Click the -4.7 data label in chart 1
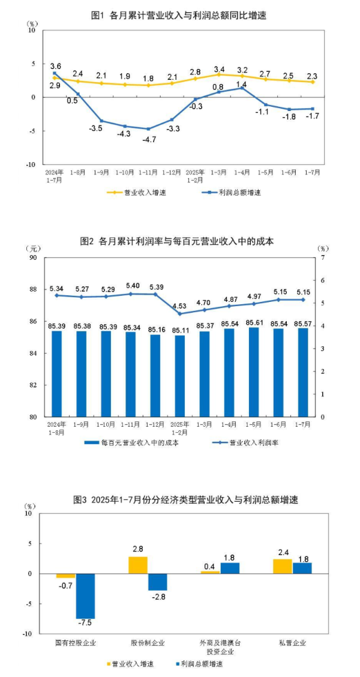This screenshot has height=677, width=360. pyautogui.click(x=148, y=139)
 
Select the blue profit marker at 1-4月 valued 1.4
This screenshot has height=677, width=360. pyautogui.click(x=242, y=87)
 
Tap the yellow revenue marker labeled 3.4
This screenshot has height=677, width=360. pyautogui.click(x=218, y=74)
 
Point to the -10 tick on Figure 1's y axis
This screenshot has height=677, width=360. pyautogui.click(x=32, y=164)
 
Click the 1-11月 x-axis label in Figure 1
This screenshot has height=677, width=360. pyautogui.click(x=148, y=172)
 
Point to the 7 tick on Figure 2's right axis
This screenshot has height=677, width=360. pyautogui.click(x=323, y=257)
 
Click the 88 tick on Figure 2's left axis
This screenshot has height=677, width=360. pyautogui.click(x=32, y=289)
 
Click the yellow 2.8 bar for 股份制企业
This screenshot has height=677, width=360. pyautogui.click(x=138, y=565)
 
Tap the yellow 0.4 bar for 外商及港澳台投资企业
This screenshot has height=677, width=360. pyautogui.click(x=210, y=572)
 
